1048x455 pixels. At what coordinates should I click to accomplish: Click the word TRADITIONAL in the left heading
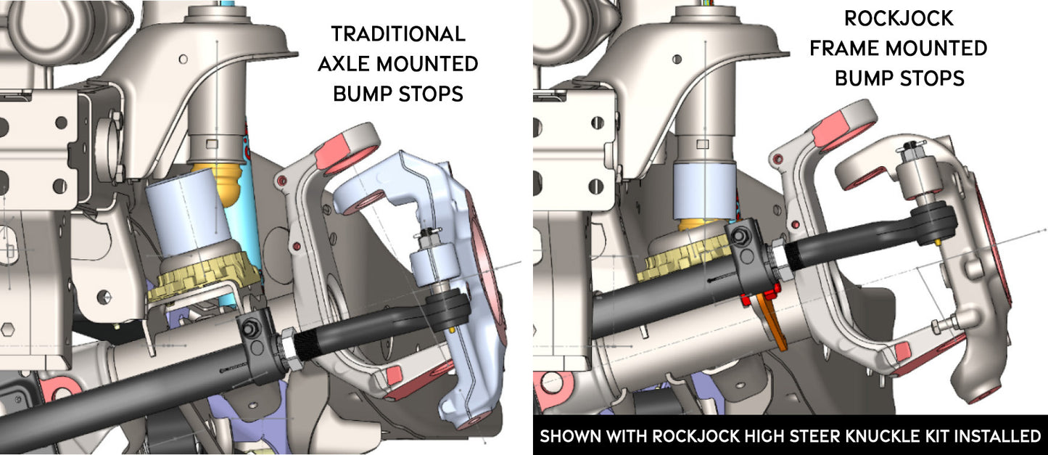(397, 33)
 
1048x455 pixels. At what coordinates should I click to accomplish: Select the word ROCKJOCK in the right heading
(899, 18)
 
